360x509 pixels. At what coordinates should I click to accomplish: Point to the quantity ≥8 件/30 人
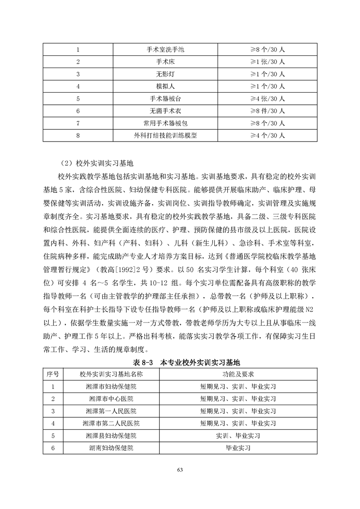pos(268,110)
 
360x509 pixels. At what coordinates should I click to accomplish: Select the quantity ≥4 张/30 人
pos(268,98)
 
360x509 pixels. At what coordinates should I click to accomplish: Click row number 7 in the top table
pos(78,123)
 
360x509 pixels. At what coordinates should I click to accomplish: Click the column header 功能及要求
pos(238,374)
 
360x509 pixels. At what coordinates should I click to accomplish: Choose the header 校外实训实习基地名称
pos(111,374)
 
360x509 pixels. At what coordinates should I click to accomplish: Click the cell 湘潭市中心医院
pos(111,399)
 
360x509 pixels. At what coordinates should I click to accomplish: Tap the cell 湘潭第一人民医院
pos(111,411)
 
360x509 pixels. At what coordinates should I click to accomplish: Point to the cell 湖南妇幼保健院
pos(111,448)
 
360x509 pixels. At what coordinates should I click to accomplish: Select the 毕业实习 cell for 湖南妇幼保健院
pos(238,448)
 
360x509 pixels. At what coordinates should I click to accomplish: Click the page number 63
pos(180,470)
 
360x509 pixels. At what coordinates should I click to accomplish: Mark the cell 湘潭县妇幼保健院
pos(111,436)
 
